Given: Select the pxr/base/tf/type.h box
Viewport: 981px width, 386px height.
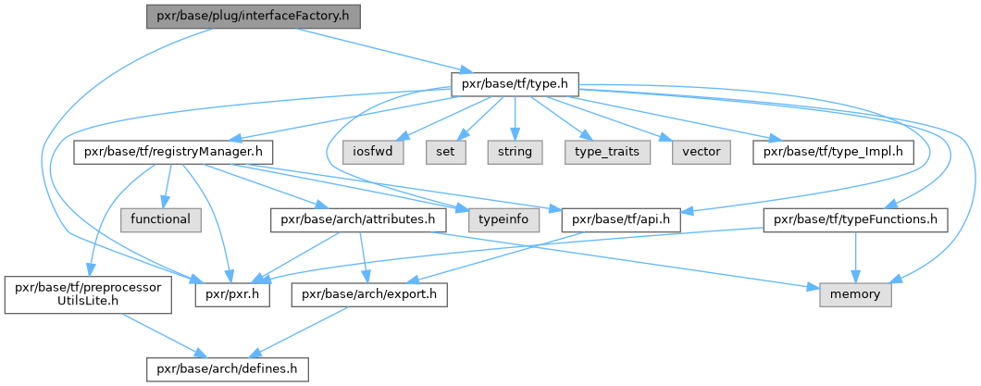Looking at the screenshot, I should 514,85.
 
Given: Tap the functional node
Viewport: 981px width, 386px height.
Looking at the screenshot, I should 160,219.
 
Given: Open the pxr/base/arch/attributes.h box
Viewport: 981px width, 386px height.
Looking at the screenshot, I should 358,219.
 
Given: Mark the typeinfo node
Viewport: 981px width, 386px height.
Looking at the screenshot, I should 503,219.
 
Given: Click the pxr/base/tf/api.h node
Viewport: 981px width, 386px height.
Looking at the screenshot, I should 621,219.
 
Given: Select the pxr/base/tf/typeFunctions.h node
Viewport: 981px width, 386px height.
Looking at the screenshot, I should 856,219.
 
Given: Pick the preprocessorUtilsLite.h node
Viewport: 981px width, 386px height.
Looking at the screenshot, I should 88,295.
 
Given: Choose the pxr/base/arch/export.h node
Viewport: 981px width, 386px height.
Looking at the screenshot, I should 369,295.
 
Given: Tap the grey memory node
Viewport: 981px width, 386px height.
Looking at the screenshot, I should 855,295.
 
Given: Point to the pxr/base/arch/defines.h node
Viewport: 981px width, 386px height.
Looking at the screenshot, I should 227,369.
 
